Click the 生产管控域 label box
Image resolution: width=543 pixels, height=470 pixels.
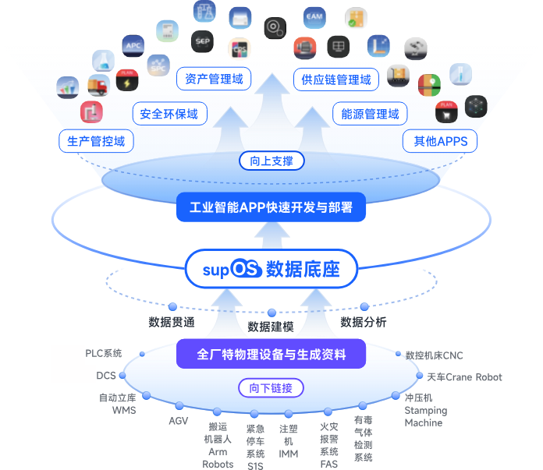[96, 141]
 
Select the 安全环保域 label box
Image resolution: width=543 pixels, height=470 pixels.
[169, 114]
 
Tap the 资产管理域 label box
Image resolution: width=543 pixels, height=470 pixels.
[214, 79]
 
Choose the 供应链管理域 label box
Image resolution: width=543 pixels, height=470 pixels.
[336, 79]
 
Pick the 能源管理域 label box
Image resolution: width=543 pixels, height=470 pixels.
[371, 114]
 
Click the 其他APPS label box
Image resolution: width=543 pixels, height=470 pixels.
[441, 141]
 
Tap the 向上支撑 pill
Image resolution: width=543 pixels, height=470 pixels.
[271, 161]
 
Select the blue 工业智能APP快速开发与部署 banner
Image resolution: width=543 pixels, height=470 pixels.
[271, 207]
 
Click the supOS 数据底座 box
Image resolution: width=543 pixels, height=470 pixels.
[271, 270]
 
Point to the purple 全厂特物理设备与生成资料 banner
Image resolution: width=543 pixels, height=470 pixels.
[271, 354]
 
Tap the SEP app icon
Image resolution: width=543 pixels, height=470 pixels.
[203, 41]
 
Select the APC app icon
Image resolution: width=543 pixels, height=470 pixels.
[133, 44]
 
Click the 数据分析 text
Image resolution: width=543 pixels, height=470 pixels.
[363, 321]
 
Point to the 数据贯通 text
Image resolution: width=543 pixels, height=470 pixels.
[172, 321]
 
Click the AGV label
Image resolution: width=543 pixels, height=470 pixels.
[179, 421]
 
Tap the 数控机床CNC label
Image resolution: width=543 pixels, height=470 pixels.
[434, 355]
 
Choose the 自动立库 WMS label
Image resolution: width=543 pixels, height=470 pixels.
[118, 404]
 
